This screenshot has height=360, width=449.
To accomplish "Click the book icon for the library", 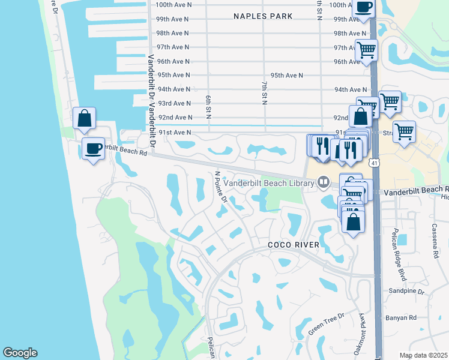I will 324,181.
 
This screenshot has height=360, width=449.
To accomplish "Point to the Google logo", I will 20,353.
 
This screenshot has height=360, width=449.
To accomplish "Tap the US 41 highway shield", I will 375,163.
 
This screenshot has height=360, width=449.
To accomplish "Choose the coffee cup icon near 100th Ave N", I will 364,7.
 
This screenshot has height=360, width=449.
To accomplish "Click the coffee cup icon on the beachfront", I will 93,148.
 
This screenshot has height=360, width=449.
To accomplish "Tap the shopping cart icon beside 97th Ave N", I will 366,50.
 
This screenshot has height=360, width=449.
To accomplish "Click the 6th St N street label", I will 208,106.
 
